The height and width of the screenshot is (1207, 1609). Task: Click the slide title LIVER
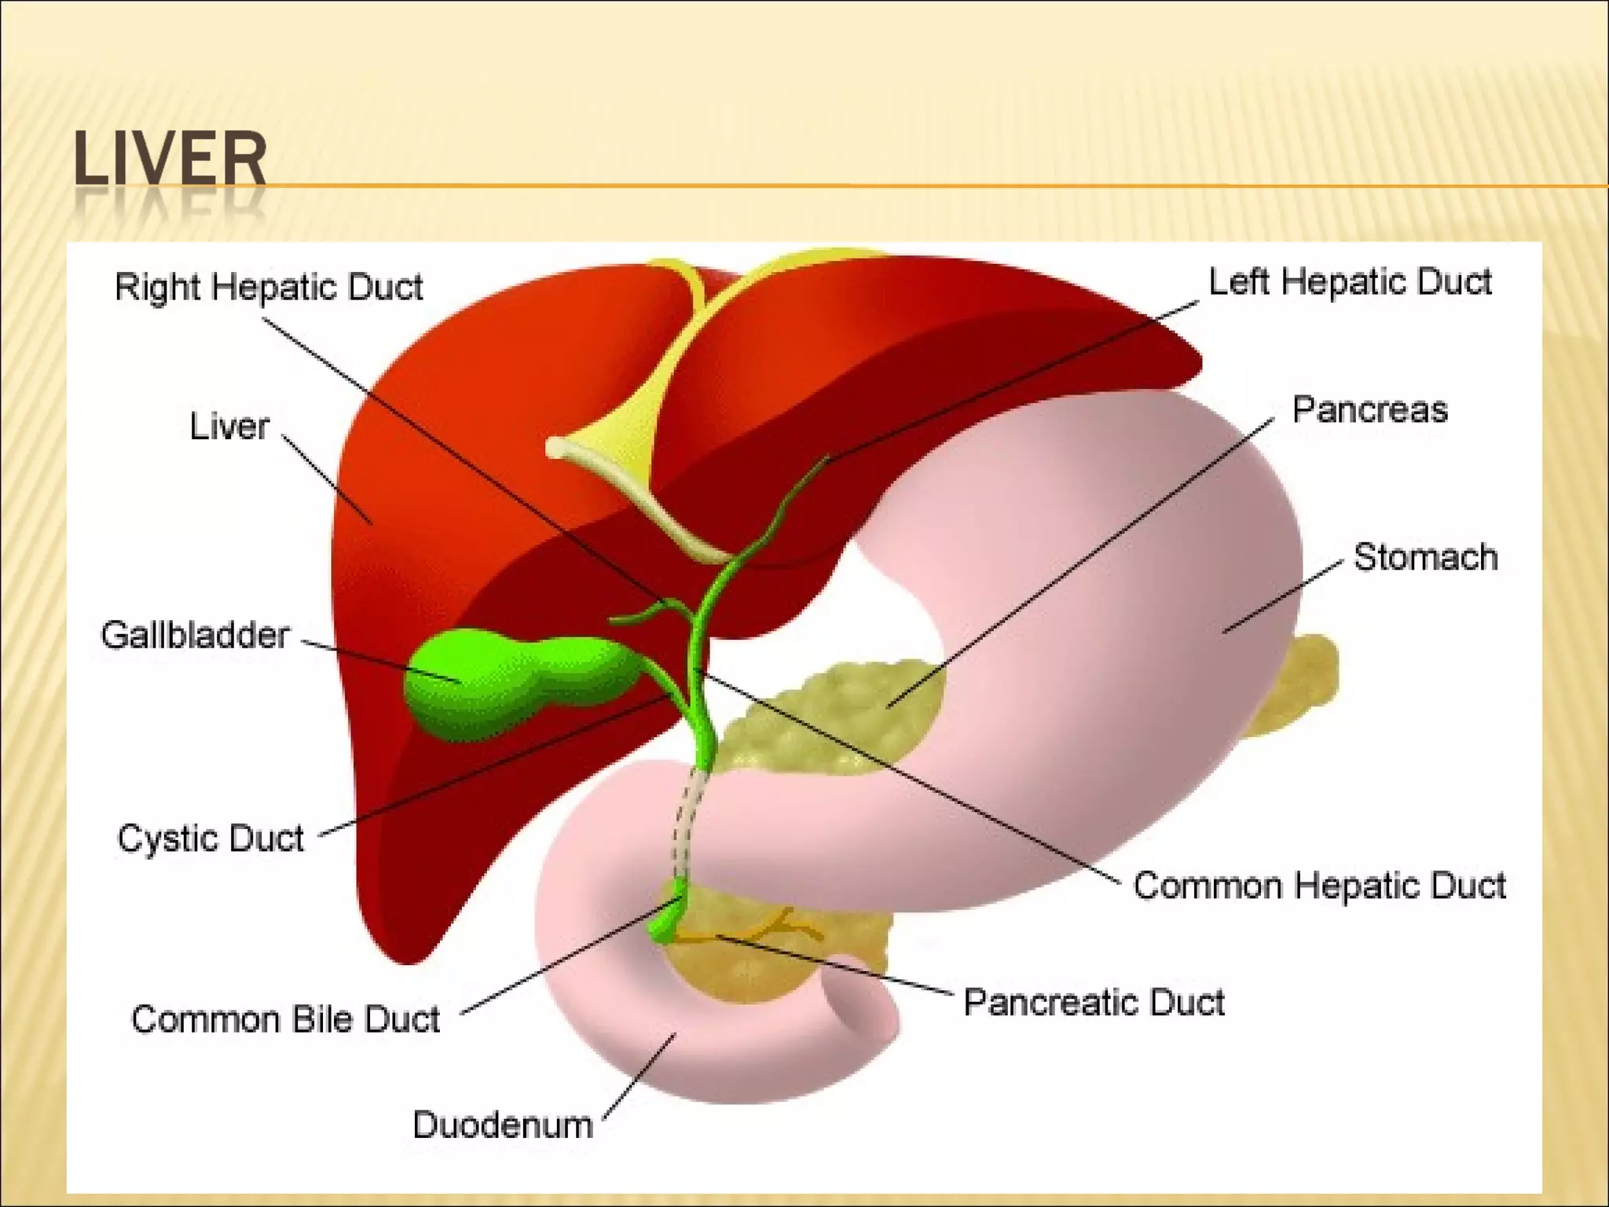(x=170, y=160)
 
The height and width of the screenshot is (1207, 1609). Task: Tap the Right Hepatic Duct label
(x=269, y=287)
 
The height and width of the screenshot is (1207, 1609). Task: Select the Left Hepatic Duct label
(x=1349, y=282)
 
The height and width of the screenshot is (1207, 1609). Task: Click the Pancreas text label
(x=1369, y=410)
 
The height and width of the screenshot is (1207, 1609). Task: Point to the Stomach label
(x=1425, y=557)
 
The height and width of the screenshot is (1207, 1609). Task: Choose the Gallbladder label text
(x=195, y=635)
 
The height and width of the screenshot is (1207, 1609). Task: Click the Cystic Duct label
(x=210, y=838)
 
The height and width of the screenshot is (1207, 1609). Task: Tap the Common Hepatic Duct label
(x=1319, y=886)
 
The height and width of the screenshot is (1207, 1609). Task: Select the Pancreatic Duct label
(x=1094, y=1003)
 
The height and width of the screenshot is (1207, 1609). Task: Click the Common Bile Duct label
(x=285, y=1019)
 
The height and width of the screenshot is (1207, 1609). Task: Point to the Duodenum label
(x=503, y=1125)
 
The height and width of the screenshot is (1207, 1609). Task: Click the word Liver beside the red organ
(x=229, y=427)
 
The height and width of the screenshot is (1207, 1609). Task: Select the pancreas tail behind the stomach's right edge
(x=1296, y=684)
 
